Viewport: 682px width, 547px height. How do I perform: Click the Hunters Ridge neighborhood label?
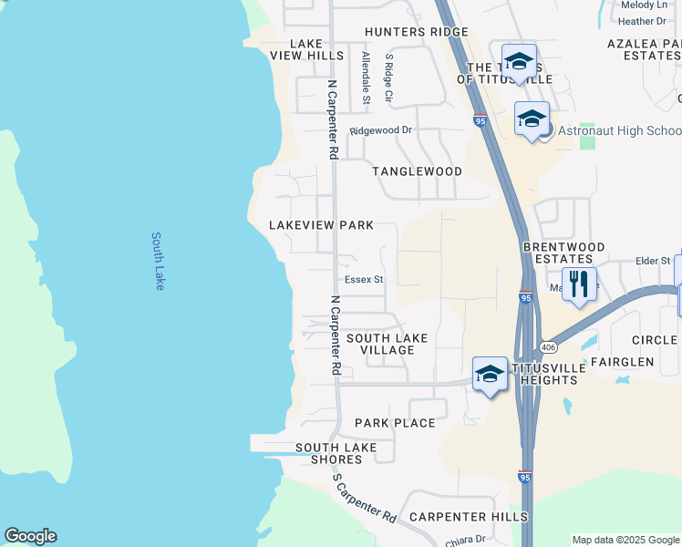click(x=417, y=32)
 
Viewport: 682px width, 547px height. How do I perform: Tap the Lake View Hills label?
click(x=306, y=49)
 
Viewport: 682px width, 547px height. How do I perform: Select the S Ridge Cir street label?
click(x=389, y=77)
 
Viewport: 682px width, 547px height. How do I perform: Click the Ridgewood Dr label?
click(x=381, y=130)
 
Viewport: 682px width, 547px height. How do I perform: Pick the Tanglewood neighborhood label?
click(x=417, y=171)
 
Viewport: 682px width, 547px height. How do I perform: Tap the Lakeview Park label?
click(x=321, y=225)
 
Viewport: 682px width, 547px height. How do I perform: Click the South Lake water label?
click(x=158, y=261)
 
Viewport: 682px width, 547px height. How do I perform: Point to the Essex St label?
click(x=364, y=280)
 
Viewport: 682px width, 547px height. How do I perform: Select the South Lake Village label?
click(x=387, y=344)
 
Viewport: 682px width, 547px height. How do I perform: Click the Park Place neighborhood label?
click(x=395, y=423)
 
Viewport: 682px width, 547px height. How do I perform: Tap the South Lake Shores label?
click(x=336, y=453)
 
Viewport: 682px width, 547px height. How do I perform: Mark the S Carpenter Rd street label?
click(x=363, y=498)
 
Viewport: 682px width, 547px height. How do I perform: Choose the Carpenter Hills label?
click(x=468, y=517)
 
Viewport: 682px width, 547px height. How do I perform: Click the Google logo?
click(x=30, y=536)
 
